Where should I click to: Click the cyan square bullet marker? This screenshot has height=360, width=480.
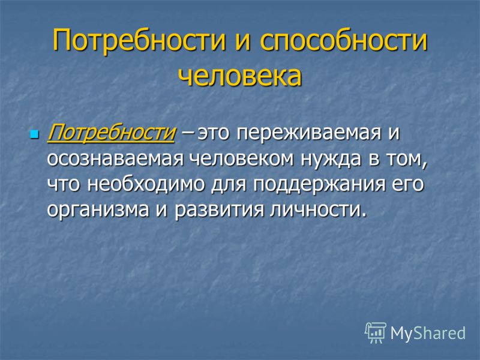tap(35, 134)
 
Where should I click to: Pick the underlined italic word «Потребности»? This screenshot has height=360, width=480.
tap(111, 133)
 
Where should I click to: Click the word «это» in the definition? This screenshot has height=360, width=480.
tap(214, 134)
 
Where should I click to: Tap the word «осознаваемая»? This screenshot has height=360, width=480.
tap(115, 160)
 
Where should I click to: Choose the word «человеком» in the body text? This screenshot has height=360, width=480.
tap(241, 160)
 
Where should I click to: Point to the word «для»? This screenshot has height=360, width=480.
tap(229, 185)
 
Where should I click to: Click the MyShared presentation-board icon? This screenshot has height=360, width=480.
tap(376, 333)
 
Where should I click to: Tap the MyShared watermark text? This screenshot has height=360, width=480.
tap(428, 333)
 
